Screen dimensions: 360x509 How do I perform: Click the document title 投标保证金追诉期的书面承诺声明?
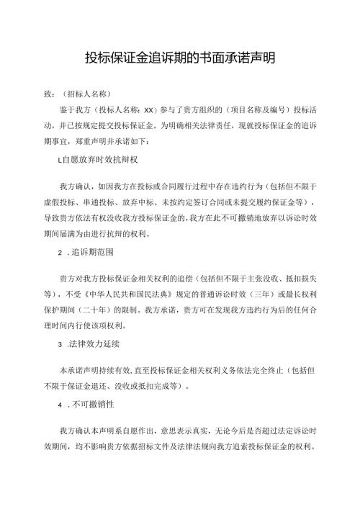tap(180, 58)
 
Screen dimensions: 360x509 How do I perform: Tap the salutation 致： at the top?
tap(50, 94)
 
